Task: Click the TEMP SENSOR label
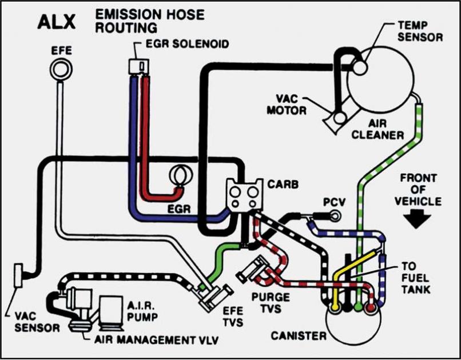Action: [419, 32]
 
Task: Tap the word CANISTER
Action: [299, 335]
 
